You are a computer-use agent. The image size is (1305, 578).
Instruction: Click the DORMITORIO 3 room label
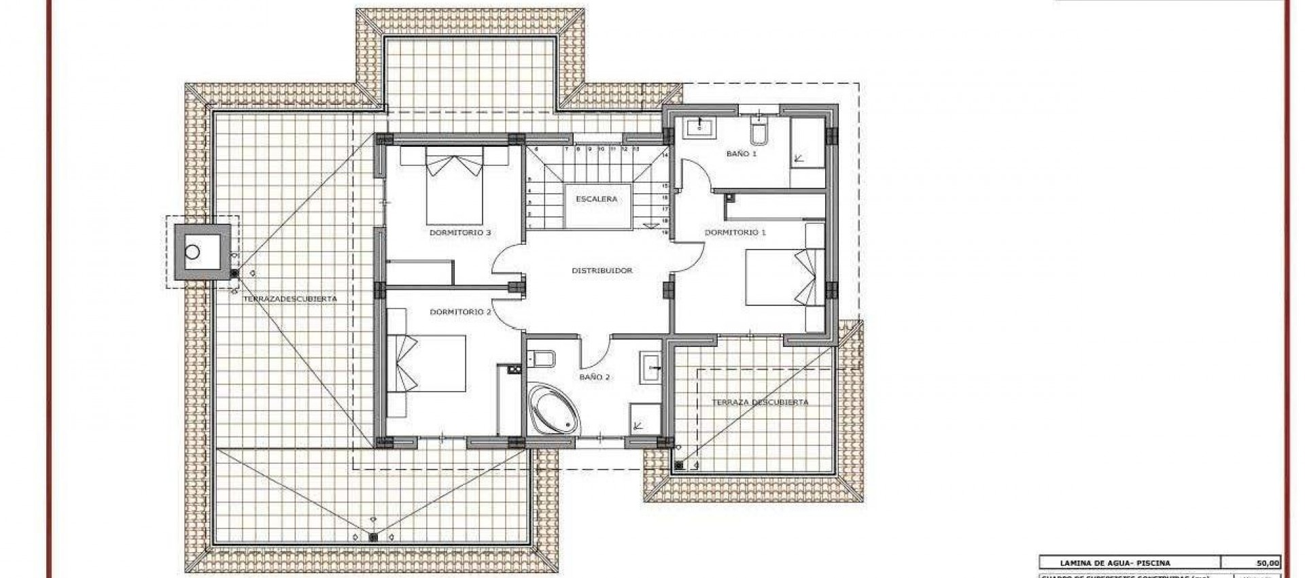click(460, 233)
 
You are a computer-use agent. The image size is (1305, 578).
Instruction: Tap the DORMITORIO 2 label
click(460, 312)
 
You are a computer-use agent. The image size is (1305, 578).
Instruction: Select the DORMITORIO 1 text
click(735, 233)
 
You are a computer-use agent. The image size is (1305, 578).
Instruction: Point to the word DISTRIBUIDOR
click(602, 271)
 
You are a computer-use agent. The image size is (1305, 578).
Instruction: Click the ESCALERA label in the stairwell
click(596, 199)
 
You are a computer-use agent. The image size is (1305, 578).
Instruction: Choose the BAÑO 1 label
click(742, 154)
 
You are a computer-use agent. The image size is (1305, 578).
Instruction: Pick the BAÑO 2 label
click(595, 377)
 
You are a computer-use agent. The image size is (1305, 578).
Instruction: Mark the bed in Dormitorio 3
click(455, 187)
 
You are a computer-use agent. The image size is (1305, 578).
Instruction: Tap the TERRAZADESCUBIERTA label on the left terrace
click(290, 299)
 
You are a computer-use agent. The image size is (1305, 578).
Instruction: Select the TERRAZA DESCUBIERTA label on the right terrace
click(760, 402)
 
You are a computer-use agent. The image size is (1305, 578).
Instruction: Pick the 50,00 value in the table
click(1268, 563)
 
